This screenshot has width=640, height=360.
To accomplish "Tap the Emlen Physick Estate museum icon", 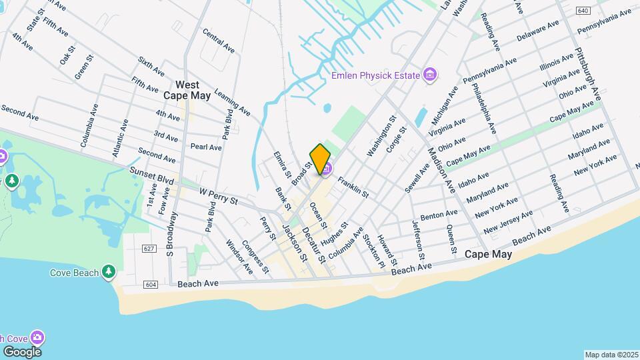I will (x=430, y=75).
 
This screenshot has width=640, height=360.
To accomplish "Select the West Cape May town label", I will (x=187, y=90).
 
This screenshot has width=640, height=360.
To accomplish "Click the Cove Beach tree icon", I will (x=108, y=272).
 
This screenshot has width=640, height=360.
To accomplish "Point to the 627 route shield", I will (x=149, y=249).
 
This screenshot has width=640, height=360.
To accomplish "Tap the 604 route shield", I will (x=150, y=285).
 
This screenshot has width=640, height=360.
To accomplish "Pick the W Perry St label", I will (x=219, y=195).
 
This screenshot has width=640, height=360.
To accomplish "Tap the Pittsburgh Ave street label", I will (x=588, y=73).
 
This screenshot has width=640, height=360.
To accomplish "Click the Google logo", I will (x=22, y=351).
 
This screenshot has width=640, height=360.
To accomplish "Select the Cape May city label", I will (x=488, y=255).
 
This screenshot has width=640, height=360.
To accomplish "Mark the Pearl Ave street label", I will (x=205, y=147).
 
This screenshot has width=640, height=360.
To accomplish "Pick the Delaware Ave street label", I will (x=537, y=31).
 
